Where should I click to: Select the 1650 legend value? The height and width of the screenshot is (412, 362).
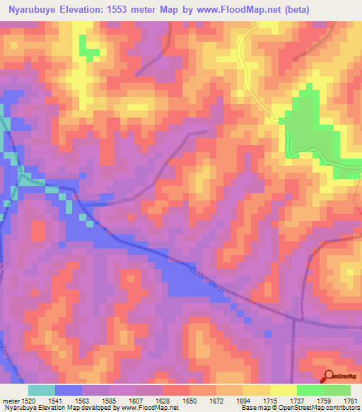coord(188,401)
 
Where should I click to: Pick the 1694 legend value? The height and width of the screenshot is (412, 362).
coord(243,401)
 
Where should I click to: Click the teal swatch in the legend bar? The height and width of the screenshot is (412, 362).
coord(42,390)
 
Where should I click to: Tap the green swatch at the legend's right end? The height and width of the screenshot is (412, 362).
coord(337,390)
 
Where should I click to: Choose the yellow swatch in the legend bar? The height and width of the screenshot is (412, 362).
coord(284,390)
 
